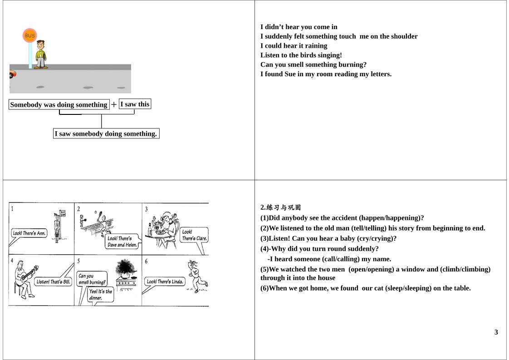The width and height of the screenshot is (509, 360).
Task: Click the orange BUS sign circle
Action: (x=29, y=35)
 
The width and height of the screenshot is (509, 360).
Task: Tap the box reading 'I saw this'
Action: (x=134, y=104)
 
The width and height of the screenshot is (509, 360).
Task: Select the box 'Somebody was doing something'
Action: (x=59, y=105)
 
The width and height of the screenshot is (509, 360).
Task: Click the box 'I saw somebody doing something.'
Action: (x=106, y=133)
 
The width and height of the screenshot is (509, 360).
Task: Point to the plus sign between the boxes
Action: (x=114, y=104)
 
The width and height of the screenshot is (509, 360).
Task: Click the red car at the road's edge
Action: (x=12, y=74)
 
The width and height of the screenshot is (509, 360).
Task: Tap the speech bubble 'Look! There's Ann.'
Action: (x=29, y=233)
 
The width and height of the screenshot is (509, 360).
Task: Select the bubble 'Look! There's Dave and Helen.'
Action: (x=122, y=242)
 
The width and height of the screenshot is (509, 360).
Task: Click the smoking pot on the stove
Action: (x=125, y=270)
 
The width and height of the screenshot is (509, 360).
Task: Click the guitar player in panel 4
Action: (x=23, y=278)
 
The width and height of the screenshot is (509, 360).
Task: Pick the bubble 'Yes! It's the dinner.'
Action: (x=100, y=295)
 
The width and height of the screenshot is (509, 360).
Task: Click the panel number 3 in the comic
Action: (x=146, y=209)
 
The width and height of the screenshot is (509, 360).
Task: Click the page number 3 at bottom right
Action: (x=496, y=332)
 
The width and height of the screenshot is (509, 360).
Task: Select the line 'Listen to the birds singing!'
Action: (x=301, y=55)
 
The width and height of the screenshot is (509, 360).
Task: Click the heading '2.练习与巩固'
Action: (x=280, y=207)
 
